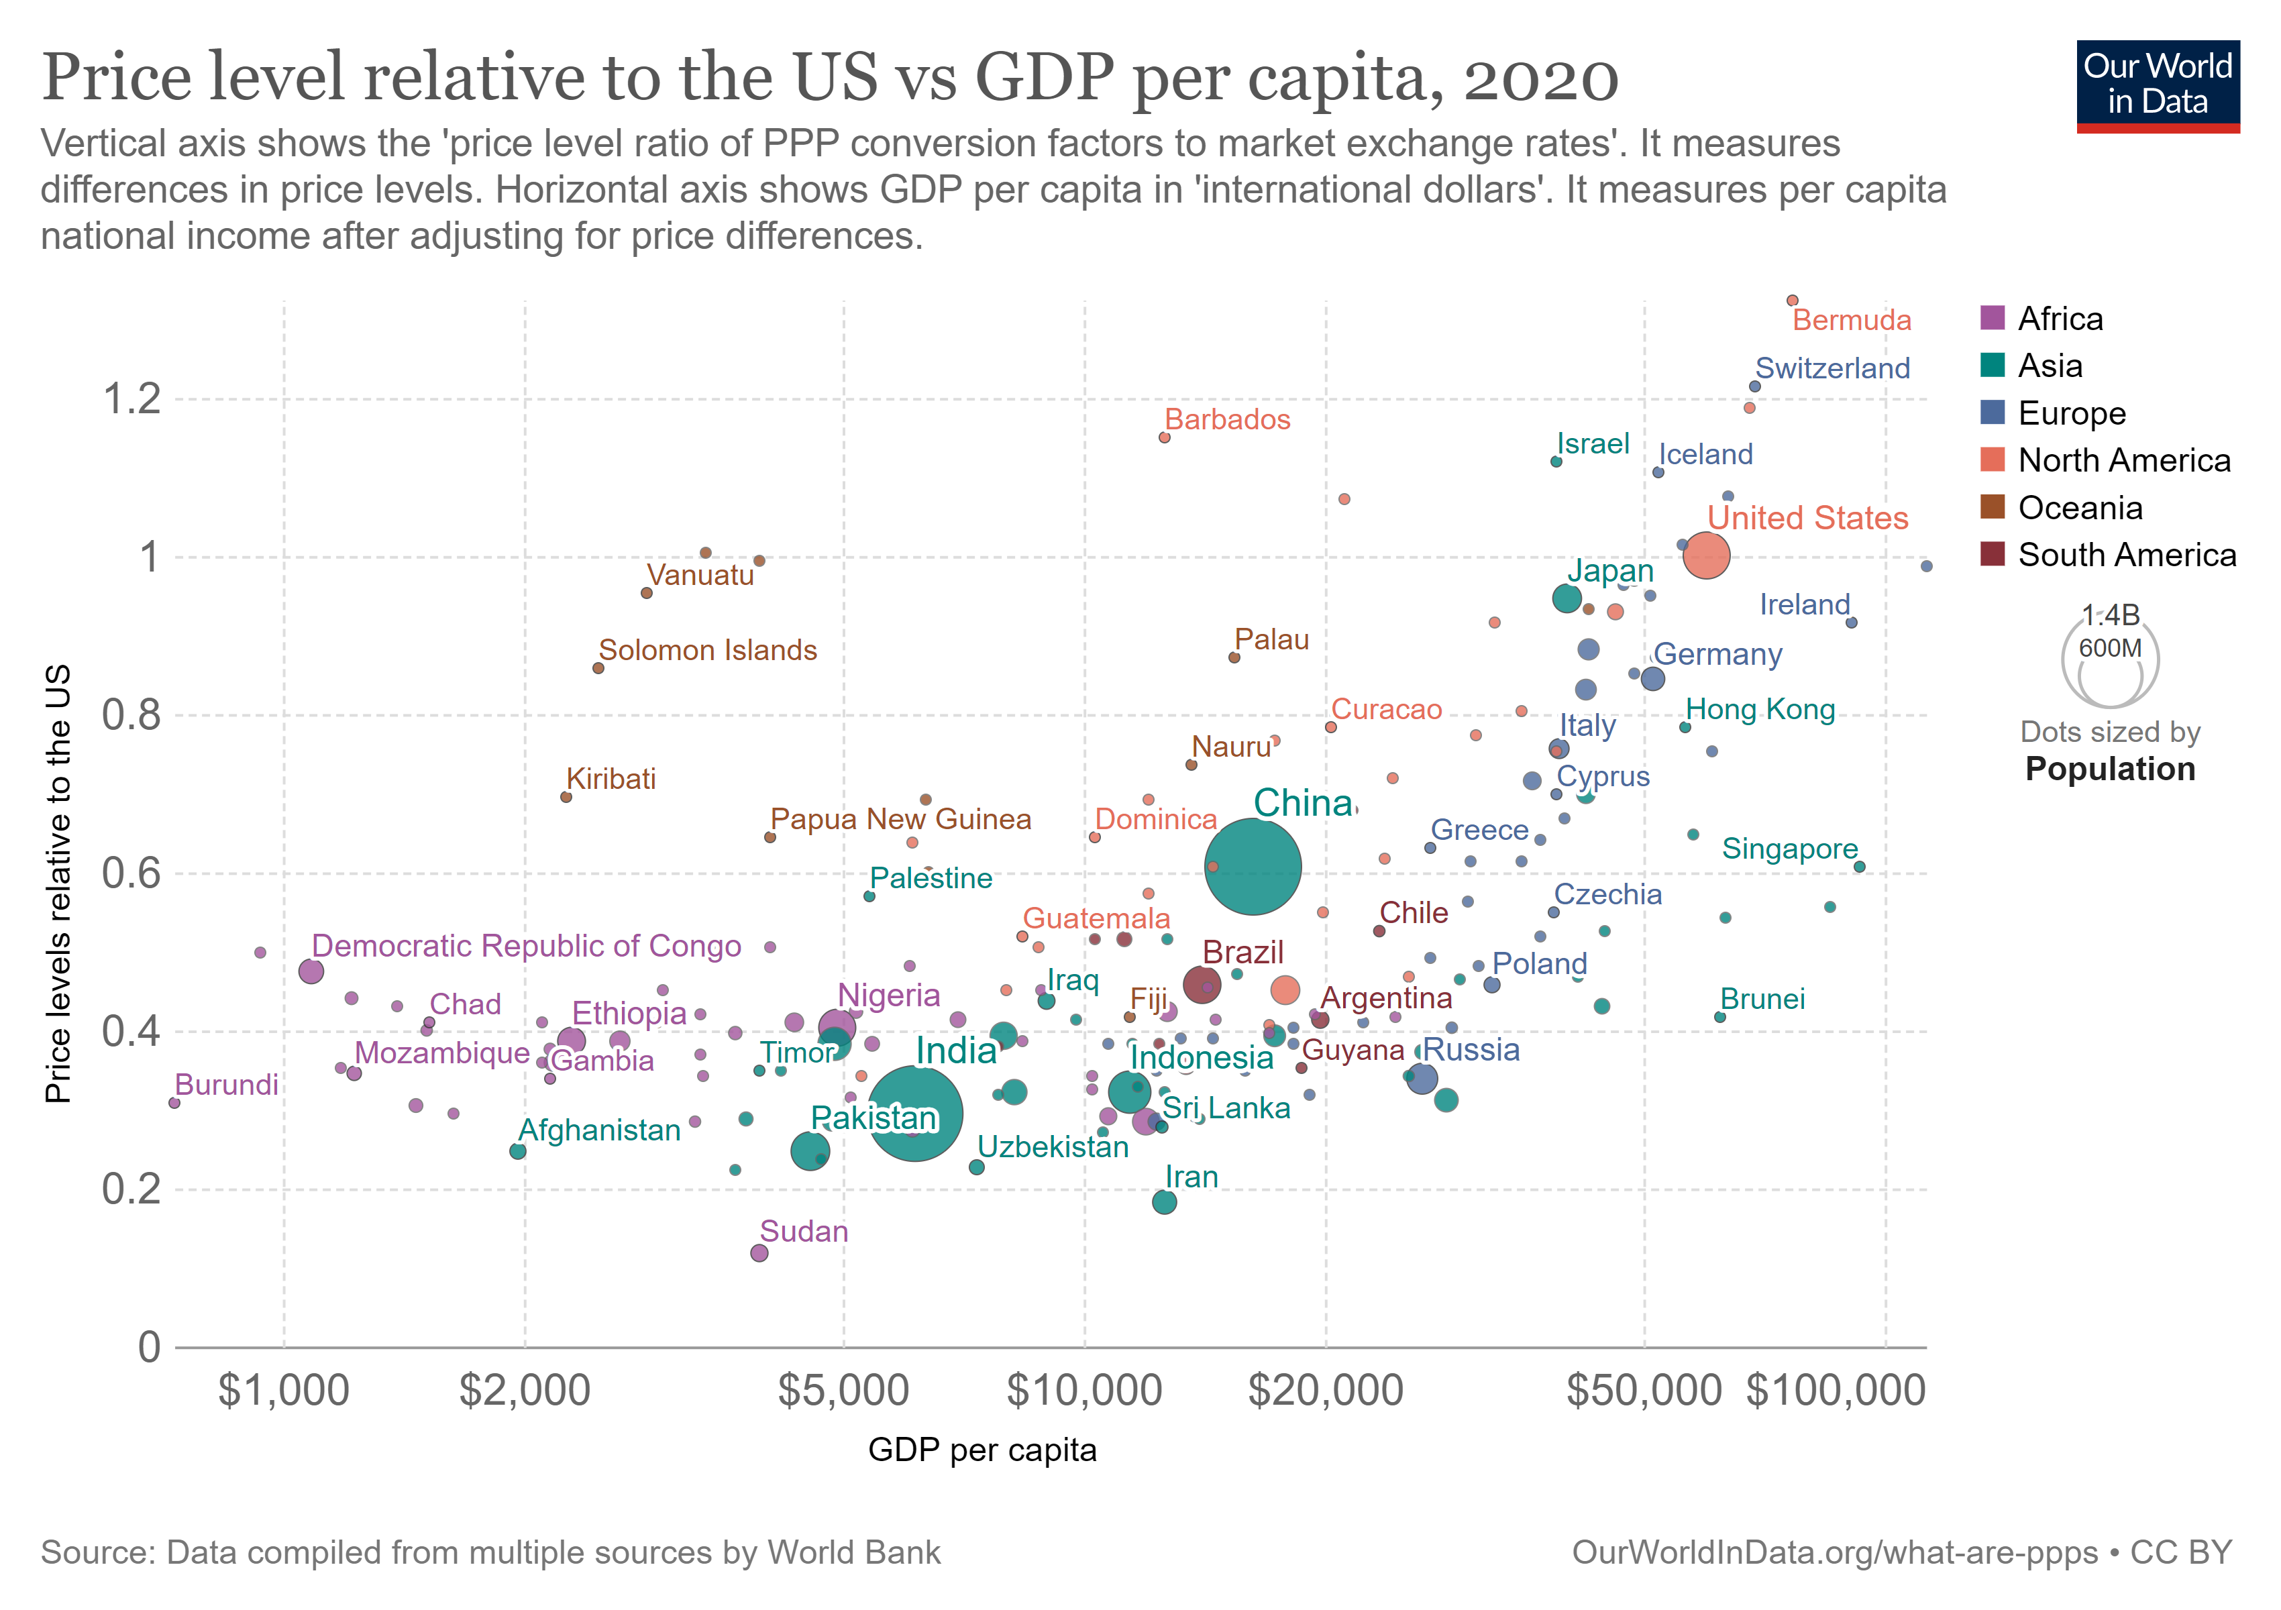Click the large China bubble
[1252, 866]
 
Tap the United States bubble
[1706, 555]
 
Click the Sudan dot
[759, 1253]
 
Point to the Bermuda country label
[1851, 321]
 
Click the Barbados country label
[1227, 420]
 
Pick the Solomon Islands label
[707, 651]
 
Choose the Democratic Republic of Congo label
[527, 946]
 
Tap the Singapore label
[1789, 849]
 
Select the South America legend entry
[2126, 555]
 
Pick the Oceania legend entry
[2079, 508]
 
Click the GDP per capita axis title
[982, 1450]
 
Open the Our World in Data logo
[2157, 85]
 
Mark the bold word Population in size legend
[2109, 769]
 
